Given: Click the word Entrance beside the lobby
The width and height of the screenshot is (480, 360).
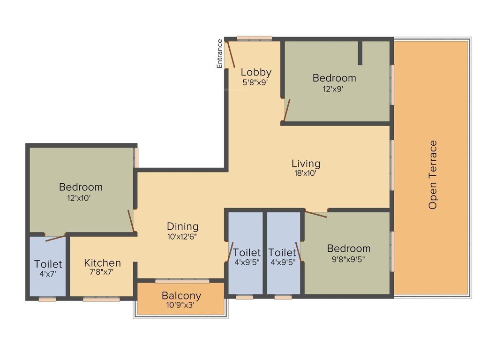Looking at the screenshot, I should pyautogui.click(x=219, y=54).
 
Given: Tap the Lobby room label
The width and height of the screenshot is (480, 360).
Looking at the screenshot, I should pyautogui.click(x=256, y=72).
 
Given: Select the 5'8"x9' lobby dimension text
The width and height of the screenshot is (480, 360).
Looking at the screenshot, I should pyautogui.click(x=256, y=82).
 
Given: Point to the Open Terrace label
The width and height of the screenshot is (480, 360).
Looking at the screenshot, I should pyautogui.click(x=433, y=174).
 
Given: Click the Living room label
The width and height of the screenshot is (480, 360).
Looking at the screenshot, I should pyautogui.click(x=306, y=164).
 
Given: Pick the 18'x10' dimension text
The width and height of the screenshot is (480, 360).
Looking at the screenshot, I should pyautogui.click(x=306, y=173).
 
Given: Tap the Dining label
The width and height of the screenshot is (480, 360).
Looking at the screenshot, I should pyautogui.click(x=182, y=226).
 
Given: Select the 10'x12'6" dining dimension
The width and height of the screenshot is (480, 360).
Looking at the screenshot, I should pyautogui.click(x=182, y=236).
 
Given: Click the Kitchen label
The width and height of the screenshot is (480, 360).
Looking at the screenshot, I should pyautogui.click(x=103, y=263).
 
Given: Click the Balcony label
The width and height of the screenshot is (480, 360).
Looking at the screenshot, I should pyautogui.click(x=181, y=296).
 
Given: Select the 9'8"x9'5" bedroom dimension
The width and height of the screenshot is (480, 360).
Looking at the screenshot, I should pyautogui.click(x=349, y=258).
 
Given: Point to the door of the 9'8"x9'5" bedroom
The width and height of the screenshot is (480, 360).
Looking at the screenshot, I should pyautogui.click(x=316, y=214).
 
